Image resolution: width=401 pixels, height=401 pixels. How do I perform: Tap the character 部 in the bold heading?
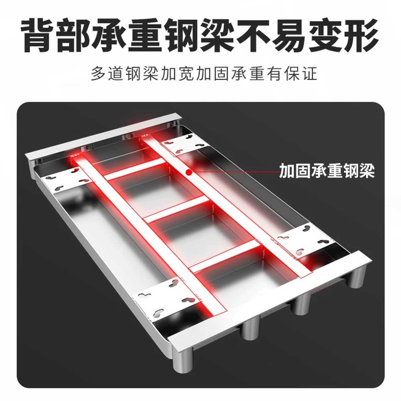74,35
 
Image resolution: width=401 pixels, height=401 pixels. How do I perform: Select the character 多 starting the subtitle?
98,73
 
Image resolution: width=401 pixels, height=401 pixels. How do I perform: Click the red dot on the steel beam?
189,172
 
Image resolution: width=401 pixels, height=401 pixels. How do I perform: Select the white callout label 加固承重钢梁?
327,170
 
